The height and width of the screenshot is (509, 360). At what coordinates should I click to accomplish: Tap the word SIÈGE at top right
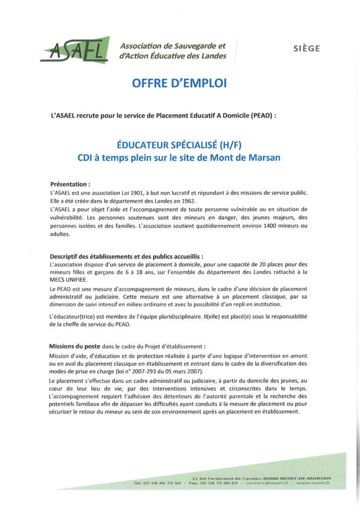pos(306,49)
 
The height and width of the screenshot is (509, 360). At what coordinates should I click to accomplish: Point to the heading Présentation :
pos(70,183)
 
